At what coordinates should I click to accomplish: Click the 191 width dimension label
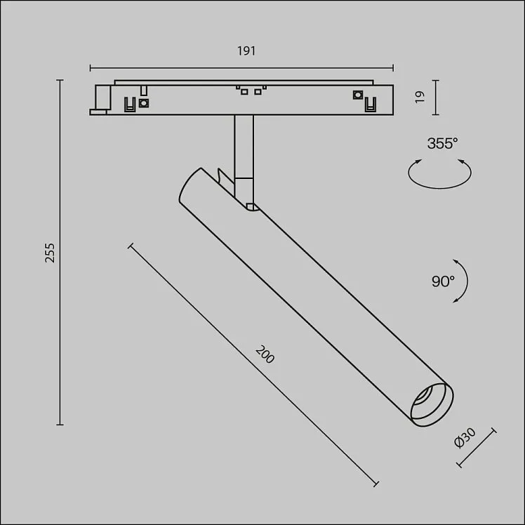point(246,51)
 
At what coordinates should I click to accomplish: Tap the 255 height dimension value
point(50,253)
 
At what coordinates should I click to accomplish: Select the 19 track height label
point(420,97)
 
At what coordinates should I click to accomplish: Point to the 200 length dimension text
point(265,354)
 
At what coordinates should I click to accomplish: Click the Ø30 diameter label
point(465,438)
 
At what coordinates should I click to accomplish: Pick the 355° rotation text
point(442,143)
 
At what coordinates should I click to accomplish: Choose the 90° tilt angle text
point(443,281)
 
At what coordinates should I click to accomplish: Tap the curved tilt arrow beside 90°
point(467,281)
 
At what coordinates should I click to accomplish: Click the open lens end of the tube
point(432,405)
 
